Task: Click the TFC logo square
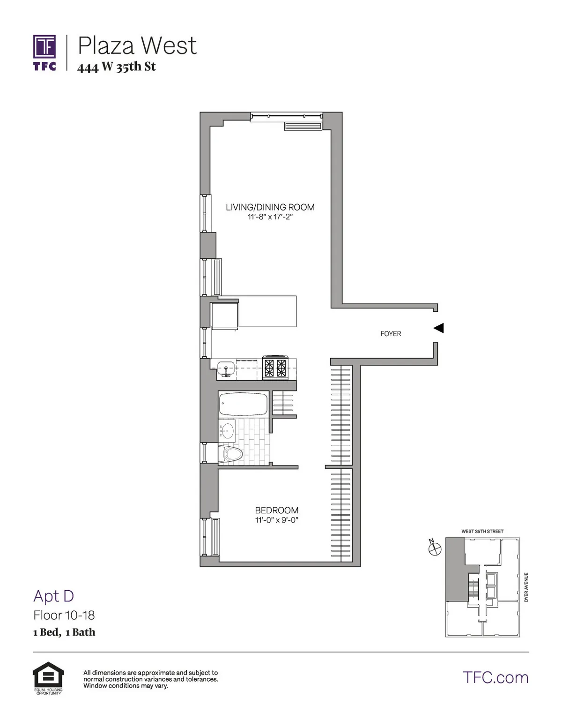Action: pyautogui.click(x=44, y=47)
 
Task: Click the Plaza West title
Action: pyautogui.click(x=137, y=45)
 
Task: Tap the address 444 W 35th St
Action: pyautogui.click(x=116, y=67)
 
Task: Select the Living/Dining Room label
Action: pyautogui.click(x=270, y=207)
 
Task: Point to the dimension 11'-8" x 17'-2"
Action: pyautogui.click(x=270, y=217)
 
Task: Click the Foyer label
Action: pyautogui.click(x=391, y=334)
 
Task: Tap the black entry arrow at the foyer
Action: pyautogui.click(x=438, y=328)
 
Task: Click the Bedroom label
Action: pyautogui.click(x=277, y=510)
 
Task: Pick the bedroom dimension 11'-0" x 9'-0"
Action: pyautogui.click(x=277, y=520)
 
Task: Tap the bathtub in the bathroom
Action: pyautogui.click(x=243, y=404)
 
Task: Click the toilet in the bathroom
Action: pyautogui.click(x=233, y=453)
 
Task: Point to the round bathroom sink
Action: pyautogui.click(x=228, y=430)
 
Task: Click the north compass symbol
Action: pyautogui.click(x=435, y=548)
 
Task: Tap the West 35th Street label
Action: pyautogui.click(x=482, y=531)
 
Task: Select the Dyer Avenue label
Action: pyautogui.click(x=526, y=587)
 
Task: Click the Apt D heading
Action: pyautogui.click(x=53, y=596)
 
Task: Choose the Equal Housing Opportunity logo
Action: pyautogui.click(x=47, y=678)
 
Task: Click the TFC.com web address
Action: pyautogui.click(x=495, y=677)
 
